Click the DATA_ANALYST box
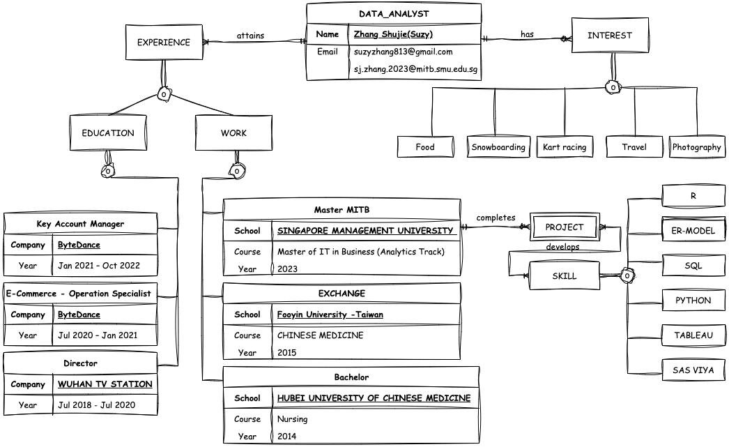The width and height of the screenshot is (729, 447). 393,13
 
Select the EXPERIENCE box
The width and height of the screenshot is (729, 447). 163,43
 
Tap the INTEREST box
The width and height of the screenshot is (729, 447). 610,36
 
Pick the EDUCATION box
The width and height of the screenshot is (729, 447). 108,133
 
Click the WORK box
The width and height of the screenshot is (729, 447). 233,133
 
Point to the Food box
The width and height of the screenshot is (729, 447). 424,147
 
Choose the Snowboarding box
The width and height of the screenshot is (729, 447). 498,147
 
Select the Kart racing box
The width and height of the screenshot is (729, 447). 565,147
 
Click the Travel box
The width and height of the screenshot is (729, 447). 634,147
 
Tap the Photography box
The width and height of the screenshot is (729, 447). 696,147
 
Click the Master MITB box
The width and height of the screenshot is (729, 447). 342,210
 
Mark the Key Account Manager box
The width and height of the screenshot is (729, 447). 80,224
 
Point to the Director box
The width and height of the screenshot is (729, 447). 80,363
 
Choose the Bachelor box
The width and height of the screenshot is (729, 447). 351,377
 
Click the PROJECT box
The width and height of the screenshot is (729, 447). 565,227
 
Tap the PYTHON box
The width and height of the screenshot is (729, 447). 693,301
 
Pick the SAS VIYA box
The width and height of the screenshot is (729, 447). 693,370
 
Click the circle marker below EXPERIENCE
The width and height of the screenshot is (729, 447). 164,94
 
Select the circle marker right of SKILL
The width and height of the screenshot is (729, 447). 627,276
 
